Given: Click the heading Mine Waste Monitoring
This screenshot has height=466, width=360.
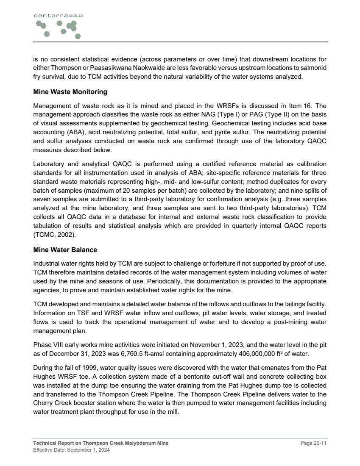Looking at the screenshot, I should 70,92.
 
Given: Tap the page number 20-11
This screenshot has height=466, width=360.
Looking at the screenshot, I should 314,443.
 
